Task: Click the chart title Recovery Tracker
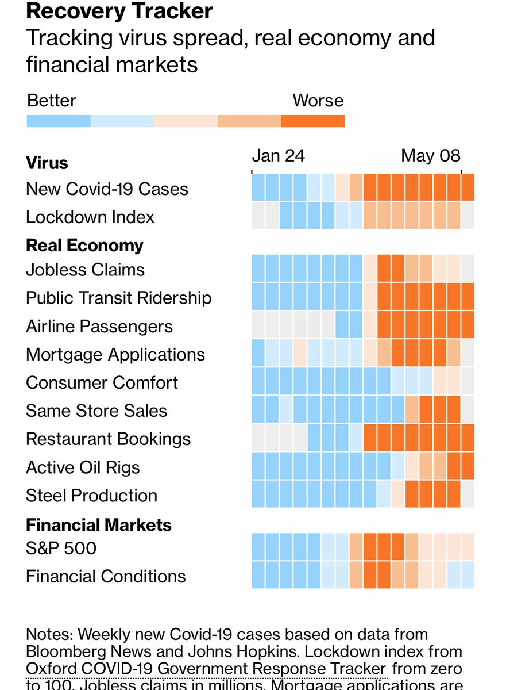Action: [x=119, y=11]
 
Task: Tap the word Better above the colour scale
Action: [x=52, y=101]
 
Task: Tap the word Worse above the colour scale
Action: [x=318, y=101]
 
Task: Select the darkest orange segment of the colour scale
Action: [x=312, y=121]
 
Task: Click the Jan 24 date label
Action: [x=279, y=156]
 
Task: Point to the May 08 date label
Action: [x=430, y=156]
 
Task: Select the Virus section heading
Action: [x=47, y=163]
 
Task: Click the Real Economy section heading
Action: [x=85, y=246]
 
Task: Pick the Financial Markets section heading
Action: [x=99, y=525]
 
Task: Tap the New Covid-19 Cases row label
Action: [x=107, y=189]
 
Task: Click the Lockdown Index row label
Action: [x=90, y=217]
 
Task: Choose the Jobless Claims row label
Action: [x=85, y=270]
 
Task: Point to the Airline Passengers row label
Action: [x=99, y=327]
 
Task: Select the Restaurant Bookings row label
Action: [x=108, y=439]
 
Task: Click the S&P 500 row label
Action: [x=61, y=548]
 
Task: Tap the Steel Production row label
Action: [x=91, y=496]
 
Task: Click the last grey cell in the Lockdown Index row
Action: [x=468, y=216]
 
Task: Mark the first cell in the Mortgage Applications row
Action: [x=258, y=352]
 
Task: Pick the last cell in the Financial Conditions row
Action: [x=468, y=574]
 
